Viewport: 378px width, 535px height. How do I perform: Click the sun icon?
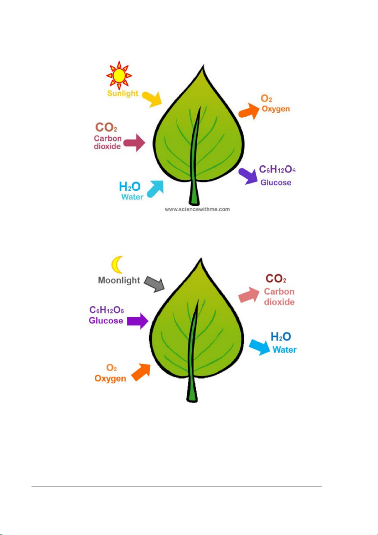pyautogui.click(x=119, y=75)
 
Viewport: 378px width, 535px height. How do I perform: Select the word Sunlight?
pyautogui.click(x=123, y=93)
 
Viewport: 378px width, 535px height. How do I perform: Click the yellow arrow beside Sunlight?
pyautogui.click(x=151, y=99)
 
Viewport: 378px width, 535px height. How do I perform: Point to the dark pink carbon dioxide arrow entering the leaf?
pyautogui.click(x=134, y=142)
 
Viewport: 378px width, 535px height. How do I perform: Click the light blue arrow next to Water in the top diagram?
pyautogui.click(x=156, y=189)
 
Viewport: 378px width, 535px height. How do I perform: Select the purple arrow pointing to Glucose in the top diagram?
pyautogui.click(x=248, y=177)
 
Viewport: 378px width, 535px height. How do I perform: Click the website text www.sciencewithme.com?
pyautogui.click(x=197, y=209)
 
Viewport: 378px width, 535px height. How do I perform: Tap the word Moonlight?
pyautogui.click(x=119, y=280)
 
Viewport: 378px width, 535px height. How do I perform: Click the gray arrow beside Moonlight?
pyautogui.click(x=154, y=284)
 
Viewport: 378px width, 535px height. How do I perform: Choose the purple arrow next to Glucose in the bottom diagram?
pyautogui.click(x=138, y=321)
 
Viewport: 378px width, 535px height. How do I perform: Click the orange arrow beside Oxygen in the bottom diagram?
pyautogui.click(x=141, y=372)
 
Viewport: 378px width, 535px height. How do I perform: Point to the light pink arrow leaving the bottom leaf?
pyautogui.click(x=249, y=295)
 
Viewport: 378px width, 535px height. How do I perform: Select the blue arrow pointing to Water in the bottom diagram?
pyautogui.click(x=259, y=347)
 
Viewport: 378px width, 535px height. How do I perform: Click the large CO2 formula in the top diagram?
pyautogui.click(x=106, y=128)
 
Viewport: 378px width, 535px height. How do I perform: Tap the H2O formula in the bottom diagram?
pyautogui.click(x=280, y=337)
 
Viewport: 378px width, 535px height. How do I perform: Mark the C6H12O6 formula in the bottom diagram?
pyautogui.click(x=107, y=310)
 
